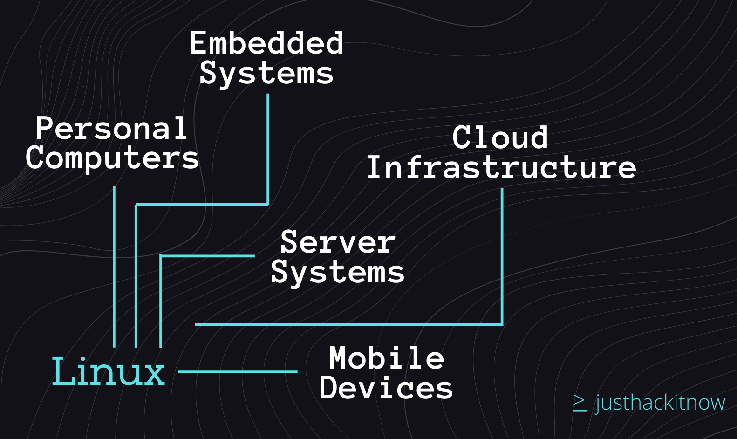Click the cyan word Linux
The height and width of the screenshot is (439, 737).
tap(109, 371)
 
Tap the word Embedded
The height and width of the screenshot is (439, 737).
tap(266, 43)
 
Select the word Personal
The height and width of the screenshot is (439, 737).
tap(111, 128)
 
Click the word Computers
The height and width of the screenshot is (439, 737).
tap(112, 158)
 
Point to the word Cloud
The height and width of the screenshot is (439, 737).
tap(500, 137)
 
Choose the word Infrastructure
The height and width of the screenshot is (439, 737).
tap(501, 167)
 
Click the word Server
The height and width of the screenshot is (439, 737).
tap(338, 242)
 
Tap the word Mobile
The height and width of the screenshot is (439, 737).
tap(387, 358)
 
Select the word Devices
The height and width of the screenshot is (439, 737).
tap(386, 388)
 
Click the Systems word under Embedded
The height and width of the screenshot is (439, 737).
tap(266, 74)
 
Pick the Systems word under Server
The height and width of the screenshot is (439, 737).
tap(338, 273)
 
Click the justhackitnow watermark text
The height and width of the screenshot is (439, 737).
tap(660, 403)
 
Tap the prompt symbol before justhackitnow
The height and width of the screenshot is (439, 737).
tap(580, 403)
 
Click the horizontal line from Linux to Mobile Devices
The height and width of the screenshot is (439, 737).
tap(238, 372)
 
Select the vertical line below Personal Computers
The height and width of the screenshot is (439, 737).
tap(114, 267)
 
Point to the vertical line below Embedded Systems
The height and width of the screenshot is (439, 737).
tap(268, 150)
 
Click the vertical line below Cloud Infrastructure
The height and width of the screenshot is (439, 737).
tap(502, 257)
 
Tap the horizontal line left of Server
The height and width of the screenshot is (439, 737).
tap(207, 256)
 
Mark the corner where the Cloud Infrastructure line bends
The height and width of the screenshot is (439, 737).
tap(502, 325)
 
